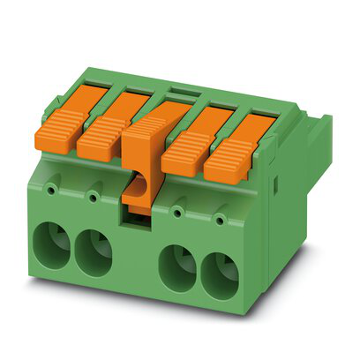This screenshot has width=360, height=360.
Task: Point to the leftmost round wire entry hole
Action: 54,245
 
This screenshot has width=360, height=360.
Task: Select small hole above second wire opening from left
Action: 91,195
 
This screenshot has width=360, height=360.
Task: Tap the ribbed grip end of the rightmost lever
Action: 225,159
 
